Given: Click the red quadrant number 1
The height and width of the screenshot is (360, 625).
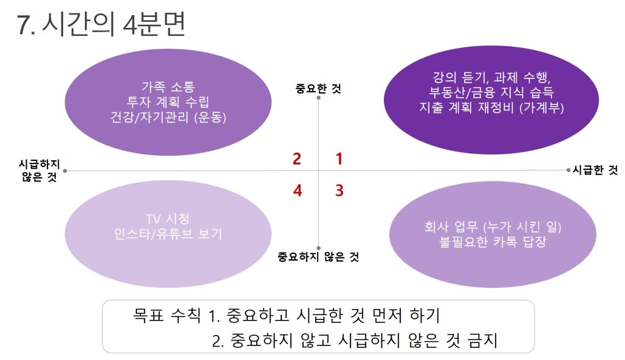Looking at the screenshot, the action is pyautogui.click(x=339, y=159).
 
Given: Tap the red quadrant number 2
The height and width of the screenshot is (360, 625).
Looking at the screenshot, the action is pyautogui.click(x=296, y=159).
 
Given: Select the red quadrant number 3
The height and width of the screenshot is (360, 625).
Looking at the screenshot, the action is pyautogui.click(x=339, y=191).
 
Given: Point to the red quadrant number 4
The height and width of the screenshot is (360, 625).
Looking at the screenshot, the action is pyautogui.click(x=298, y=191).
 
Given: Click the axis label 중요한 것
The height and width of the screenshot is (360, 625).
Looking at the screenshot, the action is pyautogui.click(x=318, y=88).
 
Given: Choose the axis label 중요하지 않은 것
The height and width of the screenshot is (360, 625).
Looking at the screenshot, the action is pyautogui.click(x=318, y=256).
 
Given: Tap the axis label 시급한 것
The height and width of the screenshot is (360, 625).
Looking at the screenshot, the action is pyautogui.click(x=595, y=170).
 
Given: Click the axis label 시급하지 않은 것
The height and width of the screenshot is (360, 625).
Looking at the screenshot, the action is pyautogui.click(x=39, y=170).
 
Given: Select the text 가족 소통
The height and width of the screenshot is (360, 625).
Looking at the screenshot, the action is pyautogui.click(x=168, y=86).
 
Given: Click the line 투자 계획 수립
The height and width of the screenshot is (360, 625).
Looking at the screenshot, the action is pyautogui.click(x=168, y=101).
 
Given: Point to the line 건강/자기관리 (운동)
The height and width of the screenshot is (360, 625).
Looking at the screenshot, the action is pyautogui.click(x=168, y=117).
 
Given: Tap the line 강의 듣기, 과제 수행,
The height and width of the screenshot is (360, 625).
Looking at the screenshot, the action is pyautogui.click(x=491, y=77).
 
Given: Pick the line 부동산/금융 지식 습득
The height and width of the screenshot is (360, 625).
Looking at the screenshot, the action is pyautogui.click(x=491, y=92).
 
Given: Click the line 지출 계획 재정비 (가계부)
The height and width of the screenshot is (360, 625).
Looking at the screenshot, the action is pyautogui.click(x=491, y=107).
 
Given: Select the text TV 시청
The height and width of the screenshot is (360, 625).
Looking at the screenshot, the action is pyautogui.click(x=168, y=218).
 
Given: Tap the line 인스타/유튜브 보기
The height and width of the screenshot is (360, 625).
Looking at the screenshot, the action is pyautogui.click(x=168, y=233).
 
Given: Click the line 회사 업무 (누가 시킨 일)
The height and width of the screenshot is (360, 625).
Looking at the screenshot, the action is pyautogui.click(x=493, y=226).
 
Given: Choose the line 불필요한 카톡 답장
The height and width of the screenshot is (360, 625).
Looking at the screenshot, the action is pyautogui.click(x=493, y=242).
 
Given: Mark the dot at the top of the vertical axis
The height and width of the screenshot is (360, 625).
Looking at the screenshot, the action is pyautogui.click(x=318, y=98).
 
